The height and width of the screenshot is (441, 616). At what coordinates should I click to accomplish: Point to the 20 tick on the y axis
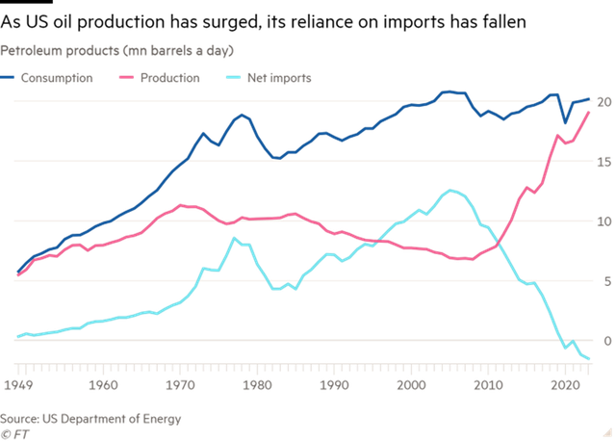(603, 102)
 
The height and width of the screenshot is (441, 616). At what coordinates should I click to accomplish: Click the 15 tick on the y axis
(603, 162)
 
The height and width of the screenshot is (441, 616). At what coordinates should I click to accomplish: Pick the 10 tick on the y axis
(603, 221)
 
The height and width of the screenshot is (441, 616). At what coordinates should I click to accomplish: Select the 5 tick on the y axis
(605, 281)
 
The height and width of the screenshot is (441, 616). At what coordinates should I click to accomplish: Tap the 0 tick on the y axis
(605, 341)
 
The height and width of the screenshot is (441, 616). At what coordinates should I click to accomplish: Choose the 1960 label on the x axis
(103, 384)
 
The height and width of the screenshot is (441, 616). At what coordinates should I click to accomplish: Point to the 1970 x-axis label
(180, 384)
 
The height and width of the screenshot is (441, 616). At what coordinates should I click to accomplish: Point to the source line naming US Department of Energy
(90, 419)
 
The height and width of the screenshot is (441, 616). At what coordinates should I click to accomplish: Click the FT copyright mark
(13, 432)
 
